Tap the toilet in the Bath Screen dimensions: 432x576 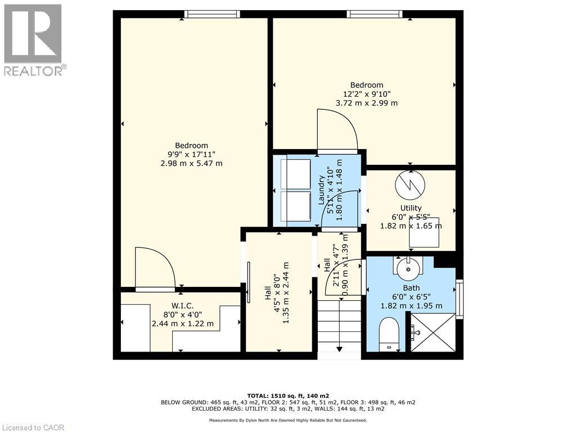[389, 334]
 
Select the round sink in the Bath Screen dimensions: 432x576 [408, 269]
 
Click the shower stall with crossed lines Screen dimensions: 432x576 [433, 332]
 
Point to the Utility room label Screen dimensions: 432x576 [411, 208]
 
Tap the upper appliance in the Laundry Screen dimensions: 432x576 [296, 173]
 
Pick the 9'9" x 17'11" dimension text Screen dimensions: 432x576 [191, 154]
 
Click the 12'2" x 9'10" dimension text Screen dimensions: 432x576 [367, 94]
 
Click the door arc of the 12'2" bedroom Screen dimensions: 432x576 [337, 130]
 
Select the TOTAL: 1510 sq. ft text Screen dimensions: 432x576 [287, 395]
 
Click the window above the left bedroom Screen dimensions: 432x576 [211, 14]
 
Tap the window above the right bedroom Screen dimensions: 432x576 [375, 14]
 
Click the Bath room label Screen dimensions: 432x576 [411, 287]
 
